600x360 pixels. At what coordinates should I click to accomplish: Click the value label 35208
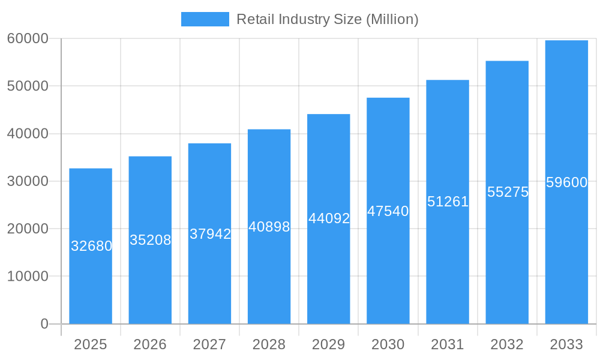click(151, 240)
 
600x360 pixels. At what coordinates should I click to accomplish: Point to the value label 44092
click(329, 218)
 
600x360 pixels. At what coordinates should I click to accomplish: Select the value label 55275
click(508, 192)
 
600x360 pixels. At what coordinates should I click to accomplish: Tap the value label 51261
click(448, 202)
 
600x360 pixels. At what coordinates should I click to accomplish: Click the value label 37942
click(210, 234)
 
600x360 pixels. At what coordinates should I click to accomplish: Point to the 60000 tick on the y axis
click(28, 38)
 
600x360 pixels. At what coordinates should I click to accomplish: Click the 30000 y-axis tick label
click(28, 181)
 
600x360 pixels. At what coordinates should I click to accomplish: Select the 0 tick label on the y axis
click(44, 324)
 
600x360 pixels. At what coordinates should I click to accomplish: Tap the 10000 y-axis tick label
click(28, 277)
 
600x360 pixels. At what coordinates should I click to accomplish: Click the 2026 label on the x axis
click(150, 344)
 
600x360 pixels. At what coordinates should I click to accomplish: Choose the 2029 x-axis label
click(329, 344)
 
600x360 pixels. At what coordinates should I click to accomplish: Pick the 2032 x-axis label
click(507, 344)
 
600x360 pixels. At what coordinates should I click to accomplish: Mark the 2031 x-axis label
click(448, 344)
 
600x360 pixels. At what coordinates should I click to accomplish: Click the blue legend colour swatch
click(205, 19)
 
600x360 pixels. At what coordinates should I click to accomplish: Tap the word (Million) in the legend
click(392, 19)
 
